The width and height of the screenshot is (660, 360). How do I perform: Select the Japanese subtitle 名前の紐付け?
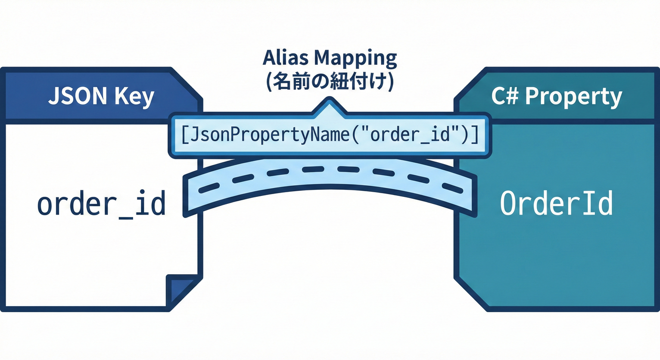click(330, 81)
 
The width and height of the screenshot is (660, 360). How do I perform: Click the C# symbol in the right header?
click(504, 96)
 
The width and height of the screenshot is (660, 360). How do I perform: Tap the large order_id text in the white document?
click(101, 204)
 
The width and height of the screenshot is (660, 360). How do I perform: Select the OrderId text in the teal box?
click(556, 204)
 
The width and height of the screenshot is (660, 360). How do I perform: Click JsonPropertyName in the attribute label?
click(271, 135)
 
